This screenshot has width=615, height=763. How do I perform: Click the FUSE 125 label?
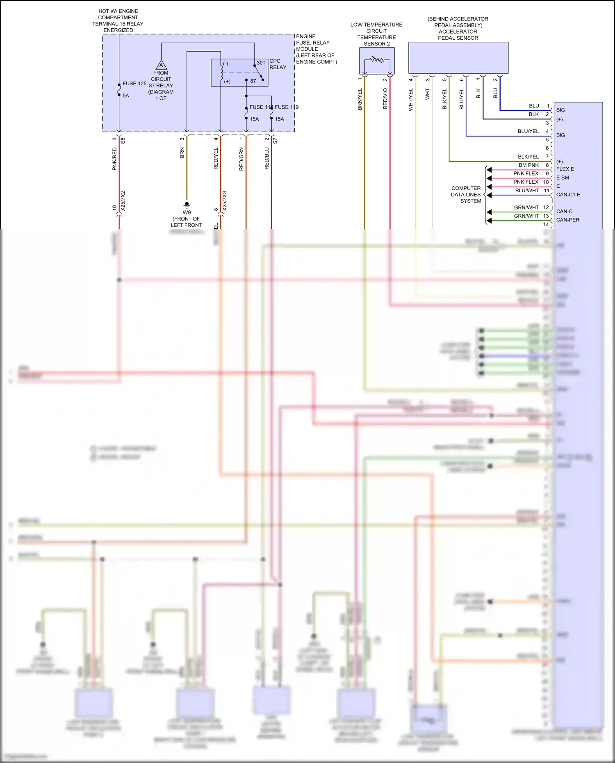tap(134, 84)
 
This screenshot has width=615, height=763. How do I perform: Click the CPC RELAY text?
tap(278, 64)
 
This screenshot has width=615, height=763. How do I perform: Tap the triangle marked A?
tap(161, 65)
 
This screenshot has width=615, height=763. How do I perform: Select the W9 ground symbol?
tap(187, 204)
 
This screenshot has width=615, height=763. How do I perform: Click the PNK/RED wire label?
tap(114, 159)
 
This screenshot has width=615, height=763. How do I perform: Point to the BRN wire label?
tap(182, 153)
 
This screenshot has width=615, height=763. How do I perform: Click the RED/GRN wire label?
tap(241, 159)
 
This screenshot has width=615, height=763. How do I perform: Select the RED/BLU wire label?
tap(266, 159)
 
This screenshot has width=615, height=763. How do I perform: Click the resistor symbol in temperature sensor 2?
tap(377, 60)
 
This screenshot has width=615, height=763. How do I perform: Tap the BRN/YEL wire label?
tap(360, 99)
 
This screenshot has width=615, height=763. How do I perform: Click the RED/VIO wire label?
tap(385, 98)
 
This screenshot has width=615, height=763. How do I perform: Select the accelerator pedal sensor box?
tap(458, 58)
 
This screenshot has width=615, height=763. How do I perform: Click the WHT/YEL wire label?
tap(410, 100)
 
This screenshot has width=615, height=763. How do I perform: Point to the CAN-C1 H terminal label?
tap(568, 195)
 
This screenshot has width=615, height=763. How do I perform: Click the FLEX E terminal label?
tap(565, 169)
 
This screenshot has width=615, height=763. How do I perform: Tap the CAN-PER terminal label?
tap(567, 220)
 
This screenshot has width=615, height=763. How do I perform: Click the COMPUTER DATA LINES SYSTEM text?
tap(466, 195)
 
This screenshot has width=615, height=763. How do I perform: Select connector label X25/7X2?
tap(123, 201)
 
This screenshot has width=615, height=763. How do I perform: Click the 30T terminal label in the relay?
tap(261, 63)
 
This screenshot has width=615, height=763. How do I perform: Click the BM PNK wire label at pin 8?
tap(528, 165)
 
